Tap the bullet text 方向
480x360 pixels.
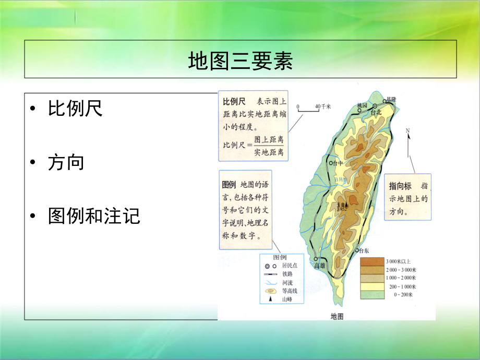pos(66,162)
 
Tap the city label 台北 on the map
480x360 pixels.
pos(377,112)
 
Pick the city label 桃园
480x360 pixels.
pos(363,106)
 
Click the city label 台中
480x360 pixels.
pos(338,163)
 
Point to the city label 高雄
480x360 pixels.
pos(320,266)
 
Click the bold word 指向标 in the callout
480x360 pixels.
pos(400,186)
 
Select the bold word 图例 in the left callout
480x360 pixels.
pos(229,185)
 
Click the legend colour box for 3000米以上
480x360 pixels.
pos(371,261)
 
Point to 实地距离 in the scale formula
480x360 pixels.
pos(269,152)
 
